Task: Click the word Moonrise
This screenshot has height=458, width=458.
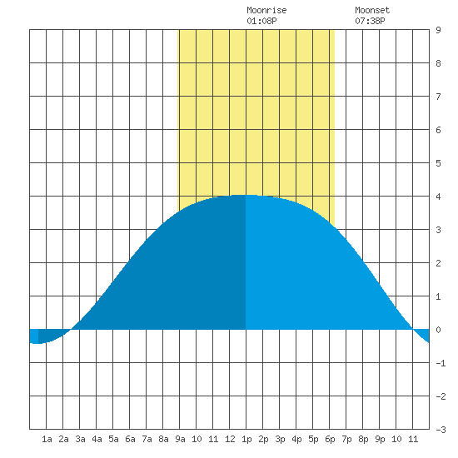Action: coord(266,10)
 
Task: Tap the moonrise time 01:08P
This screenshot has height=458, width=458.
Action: coord(261,21)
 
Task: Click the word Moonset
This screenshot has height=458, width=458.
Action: coord(372,10)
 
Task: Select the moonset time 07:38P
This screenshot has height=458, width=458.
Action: coord(370,21)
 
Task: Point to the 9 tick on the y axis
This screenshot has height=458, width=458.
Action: coord(438,30)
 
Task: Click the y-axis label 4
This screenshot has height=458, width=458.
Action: coord(438,197)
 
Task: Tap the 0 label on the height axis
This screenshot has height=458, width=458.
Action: coord(438,330)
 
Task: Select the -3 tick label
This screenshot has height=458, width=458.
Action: coord(441,430)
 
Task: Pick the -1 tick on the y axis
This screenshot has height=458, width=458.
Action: coord(441,363)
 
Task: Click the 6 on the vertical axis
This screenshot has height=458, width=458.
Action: coord(438,130)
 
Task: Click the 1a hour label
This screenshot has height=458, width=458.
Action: coord(47,439)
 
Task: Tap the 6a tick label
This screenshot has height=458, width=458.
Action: coord(130,439)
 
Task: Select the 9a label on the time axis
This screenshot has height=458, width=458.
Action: coord(180,439)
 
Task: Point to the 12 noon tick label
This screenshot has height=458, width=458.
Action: coord(230,439)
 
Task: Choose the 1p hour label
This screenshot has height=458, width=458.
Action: coord(246,439)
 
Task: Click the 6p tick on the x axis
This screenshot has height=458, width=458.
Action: coord(330,439)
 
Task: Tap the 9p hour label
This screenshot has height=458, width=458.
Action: coord(380,439)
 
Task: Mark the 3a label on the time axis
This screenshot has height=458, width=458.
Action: coord(80,439)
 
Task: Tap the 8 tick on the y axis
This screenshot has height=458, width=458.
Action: coord(438,63)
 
